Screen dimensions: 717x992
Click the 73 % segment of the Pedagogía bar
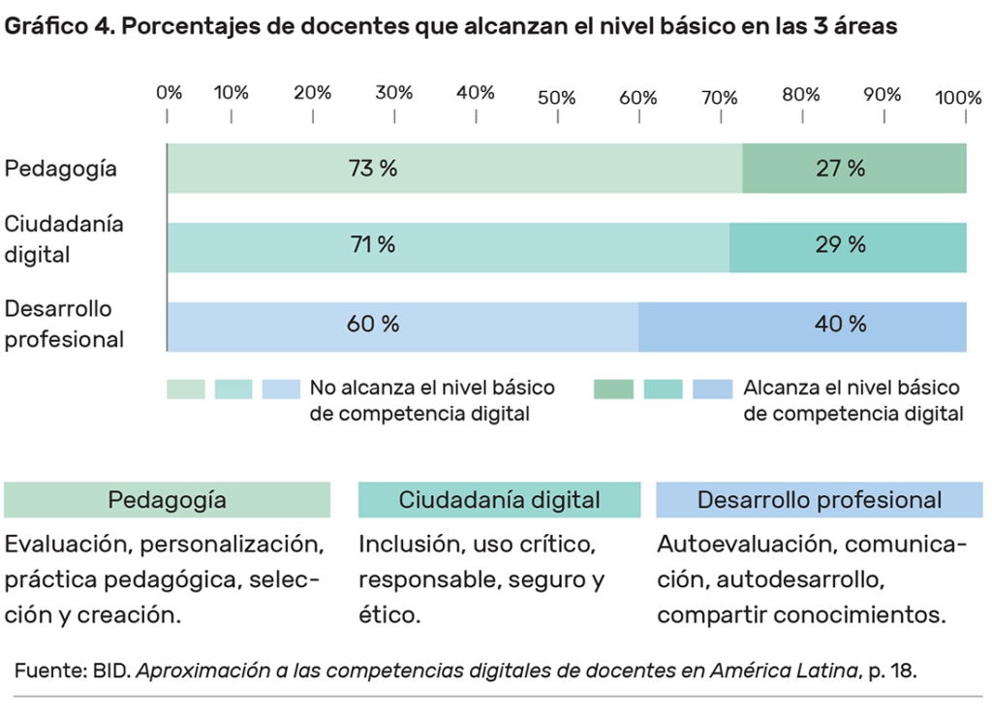tap(454, 168)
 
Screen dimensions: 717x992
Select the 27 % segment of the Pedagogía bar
tap(853, 168)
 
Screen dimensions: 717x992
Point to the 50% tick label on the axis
tap(557, 98)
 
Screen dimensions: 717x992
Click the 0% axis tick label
tap(170, 93)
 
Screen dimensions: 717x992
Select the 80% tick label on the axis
tap(801, 94)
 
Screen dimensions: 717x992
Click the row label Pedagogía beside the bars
tap(61, 169)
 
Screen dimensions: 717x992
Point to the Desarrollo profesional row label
tap(65, 325)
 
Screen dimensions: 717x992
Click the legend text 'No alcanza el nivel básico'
tap(432, 389)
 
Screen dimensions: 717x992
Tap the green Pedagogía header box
tap(167, 500)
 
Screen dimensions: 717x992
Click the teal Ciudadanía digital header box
tap(499, 500)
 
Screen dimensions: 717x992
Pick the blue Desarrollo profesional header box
tap(819, 500)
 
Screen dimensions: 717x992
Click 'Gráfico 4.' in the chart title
tap(57, 26)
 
